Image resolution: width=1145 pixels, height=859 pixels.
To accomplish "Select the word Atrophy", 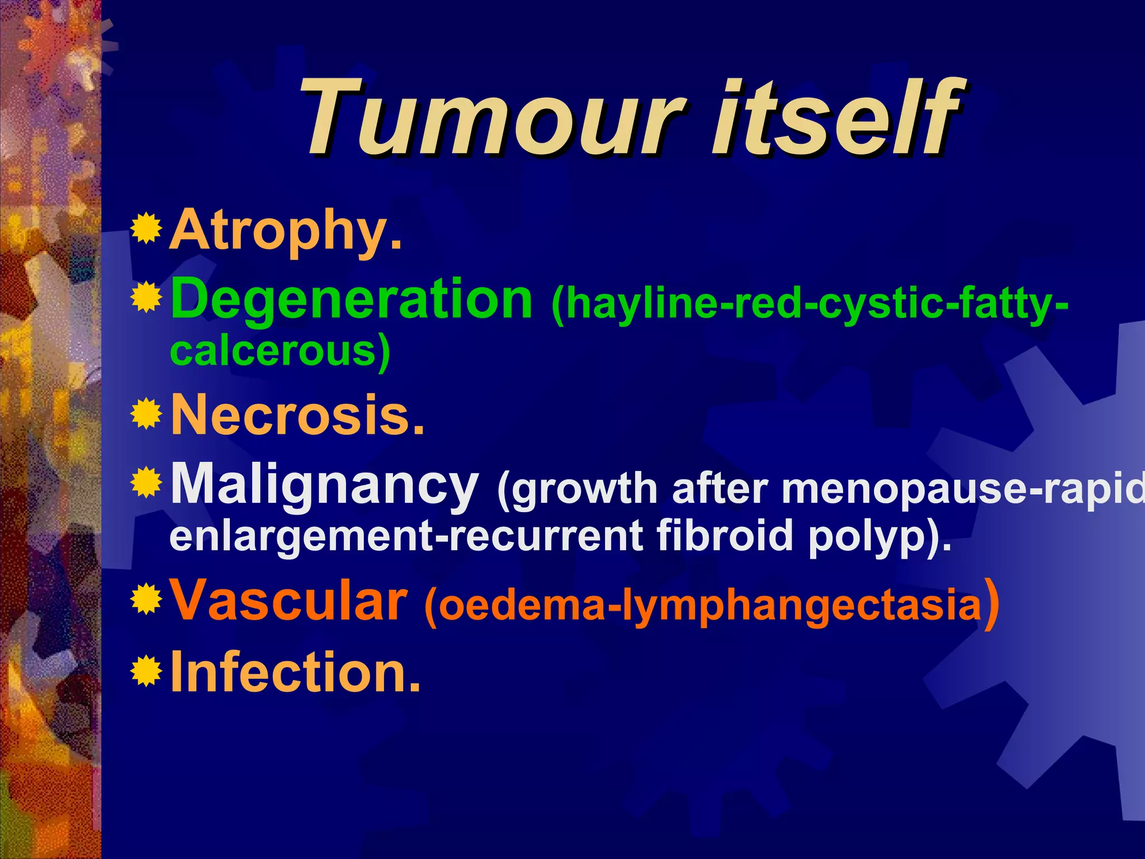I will pos(285,230).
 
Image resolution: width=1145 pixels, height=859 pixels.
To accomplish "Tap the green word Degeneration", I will pos(351,300).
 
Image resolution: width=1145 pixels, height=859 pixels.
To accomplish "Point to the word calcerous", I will pos(280,351).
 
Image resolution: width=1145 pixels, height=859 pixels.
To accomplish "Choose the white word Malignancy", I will pos(324,484).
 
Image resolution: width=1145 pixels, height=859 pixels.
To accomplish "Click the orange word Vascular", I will pos(288,601).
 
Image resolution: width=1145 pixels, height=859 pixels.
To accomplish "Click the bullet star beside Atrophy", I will pos(146,229).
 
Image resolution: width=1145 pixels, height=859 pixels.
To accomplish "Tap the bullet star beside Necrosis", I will pos(146,414).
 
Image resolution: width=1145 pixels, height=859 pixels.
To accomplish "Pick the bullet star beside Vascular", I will pos(146,600).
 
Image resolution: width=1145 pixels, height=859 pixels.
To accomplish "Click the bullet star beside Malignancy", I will pos(146,482).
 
